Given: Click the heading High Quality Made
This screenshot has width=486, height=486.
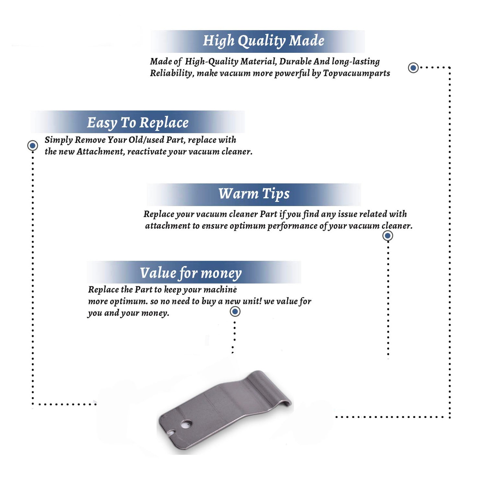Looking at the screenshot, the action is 263,41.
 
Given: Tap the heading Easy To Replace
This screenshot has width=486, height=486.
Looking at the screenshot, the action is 138,123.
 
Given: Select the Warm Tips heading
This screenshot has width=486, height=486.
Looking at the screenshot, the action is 254,194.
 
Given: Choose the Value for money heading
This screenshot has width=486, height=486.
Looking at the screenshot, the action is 191,273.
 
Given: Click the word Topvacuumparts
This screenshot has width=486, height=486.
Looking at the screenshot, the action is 356,73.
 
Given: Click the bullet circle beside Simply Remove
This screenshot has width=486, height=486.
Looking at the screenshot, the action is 32,145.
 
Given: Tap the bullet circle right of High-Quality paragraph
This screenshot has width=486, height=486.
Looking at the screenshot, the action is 413,68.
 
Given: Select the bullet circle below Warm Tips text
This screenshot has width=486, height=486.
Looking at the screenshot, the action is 388,236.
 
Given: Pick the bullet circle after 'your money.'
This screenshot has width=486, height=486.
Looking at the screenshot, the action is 235,312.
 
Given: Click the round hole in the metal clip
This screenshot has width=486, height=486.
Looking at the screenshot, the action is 186,423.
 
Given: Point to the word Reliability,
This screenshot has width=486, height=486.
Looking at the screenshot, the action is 172,73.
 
